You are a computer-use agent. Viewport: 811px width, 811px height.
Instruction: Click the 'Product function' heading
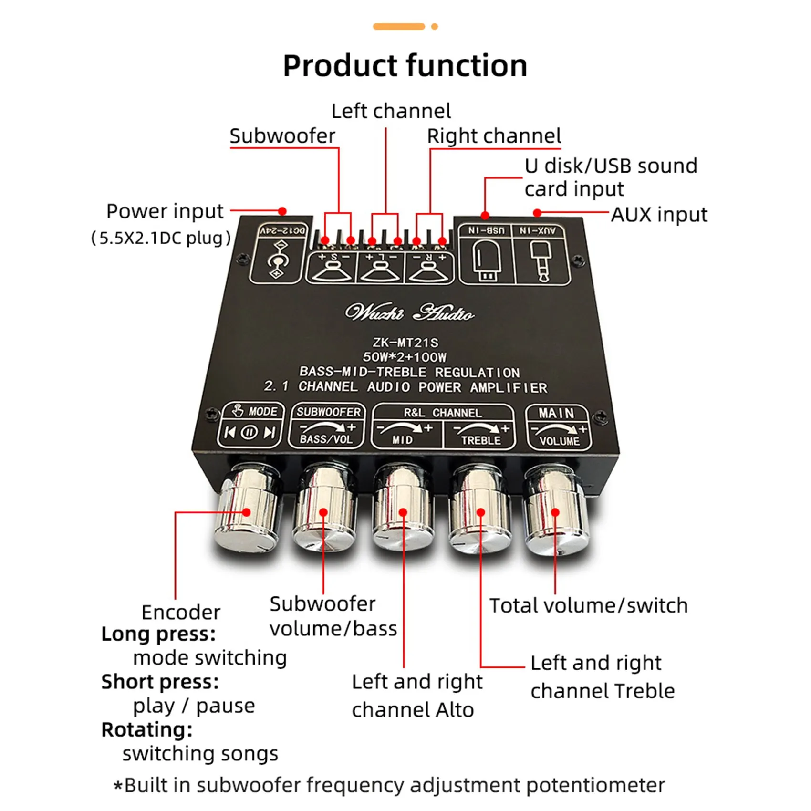tap(405, 65)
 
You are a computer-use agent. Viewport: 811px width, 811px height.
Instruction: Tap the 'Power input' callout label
tap(165, 211)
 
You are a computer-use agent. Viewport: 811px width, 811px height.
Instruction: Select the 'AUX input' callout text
tap(659, 215)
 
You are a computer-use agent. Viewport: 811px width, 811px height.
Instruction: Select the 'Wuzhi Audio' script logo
tap(409, 313)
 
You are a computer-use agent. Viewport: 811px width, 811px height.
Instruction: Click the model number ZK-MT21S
tap(405, 343)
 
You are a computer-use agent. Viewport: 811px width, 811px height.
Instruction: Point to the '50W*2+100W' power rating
tap(405, 357)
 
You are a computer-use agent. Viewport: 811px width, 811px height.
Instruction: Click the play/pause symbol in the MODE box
tap(249, 432)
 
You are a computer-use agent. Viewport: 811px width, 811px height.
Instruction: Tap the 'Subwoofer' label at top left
tap(282, 136)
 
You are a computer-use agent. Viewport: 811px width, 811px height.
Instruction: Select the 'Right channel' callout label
tap(494, 136)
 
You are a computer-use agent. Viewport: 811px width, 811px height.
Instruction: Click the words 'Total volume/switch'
tap(589, 606)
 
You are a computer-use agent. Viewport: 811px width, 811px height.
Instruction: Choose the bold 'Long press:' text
tap(158, 634)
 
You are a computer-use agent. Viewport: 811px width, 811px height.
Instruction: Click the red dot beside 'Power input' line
tap(282, 211)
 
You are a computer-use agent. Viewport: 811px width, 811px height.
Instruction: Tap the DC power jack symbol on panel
tap(277, 260)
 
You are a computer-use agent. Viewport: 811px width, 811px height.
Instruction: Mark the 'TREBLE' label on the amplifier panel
tap(481, 440)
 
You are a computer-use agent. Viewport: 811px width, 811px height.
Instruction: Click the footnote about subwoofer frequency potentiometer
tap(389, 785)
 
